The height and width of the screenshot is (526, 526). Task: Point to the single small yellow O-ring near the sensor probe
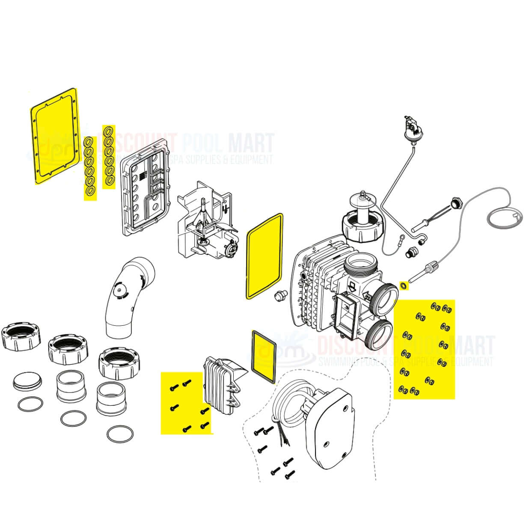[403, 285]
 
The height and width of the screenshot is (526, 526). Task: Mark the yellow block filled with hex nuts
[424, 349]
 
